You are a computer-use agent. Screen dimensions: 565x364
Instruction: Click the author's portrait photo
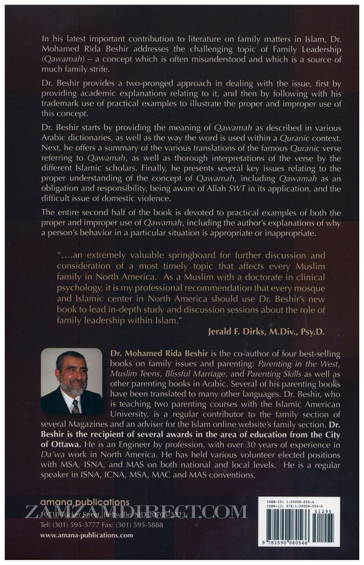click(72, 380)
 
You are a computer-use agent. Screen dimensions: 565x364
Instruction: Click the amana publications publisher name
click(84, 502)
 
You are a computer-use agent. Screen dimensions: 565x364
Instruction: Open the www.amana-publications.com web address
click(86, 534)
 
